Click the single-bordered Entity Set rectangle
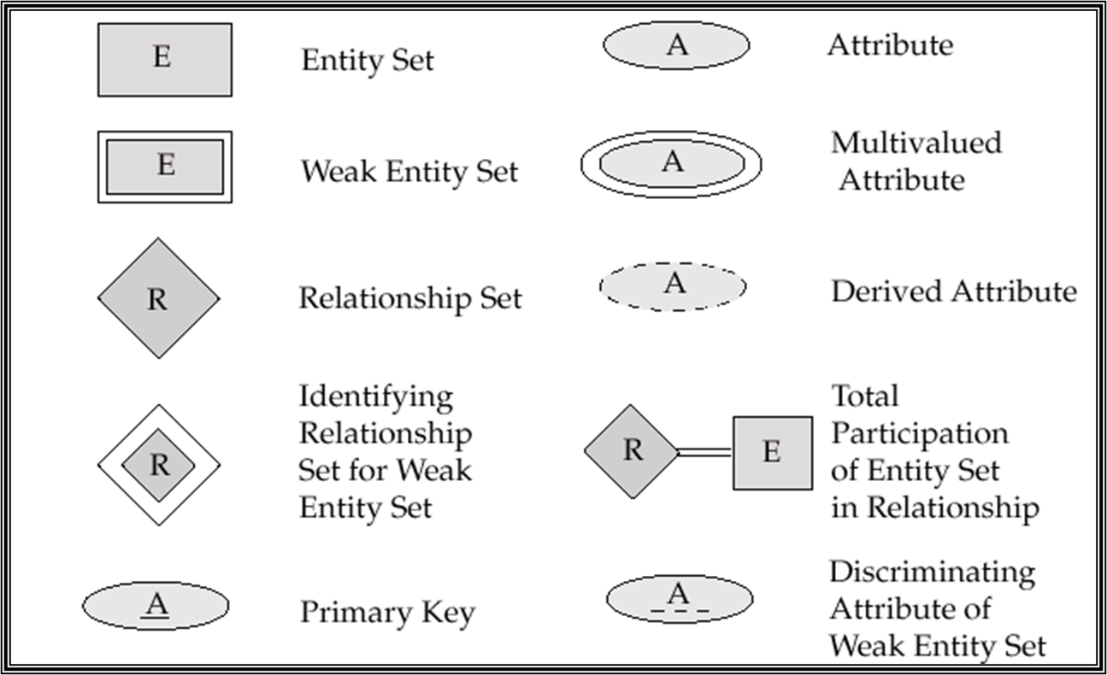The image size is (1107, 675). click(x=164, y=59)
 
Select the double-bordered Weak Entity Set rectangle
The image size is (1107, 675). click(x=164, y=166)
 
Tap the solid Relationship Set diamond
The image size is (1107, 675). click(x=158, y=298)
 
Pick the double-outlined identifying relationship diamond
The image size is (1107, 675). click(x=159, y=465)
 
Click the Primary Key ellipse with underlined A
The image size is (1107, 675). click(x=156, y=605)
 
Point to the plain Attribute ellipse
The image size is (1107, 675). click(x=676, y=45)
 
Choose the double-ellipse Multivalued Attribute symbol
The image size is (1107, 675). click(x=672, y=162)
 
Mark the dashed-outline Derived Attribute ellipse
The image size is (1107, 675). click(x=673, y=285)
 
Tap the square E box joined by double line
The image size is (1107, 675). click(x=772, y=453)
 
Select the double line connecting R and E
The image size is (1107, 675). click(x=704, y=452)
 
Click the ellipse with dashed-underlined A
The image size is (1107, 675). click(x=680, y=598)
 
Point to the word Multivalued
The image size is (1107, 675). click(x=916, y=142)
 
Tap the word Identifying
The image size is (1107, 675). click(x=376, y=396)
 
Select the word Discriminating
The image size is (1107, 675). click(x=933, y=572)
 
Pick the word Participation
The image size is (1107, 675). click(x=920, y=433)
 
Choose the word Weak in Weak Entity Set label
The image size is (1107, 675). click(x=339, y=171)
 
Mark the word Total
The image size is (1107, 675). click(x=865, y=396)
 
